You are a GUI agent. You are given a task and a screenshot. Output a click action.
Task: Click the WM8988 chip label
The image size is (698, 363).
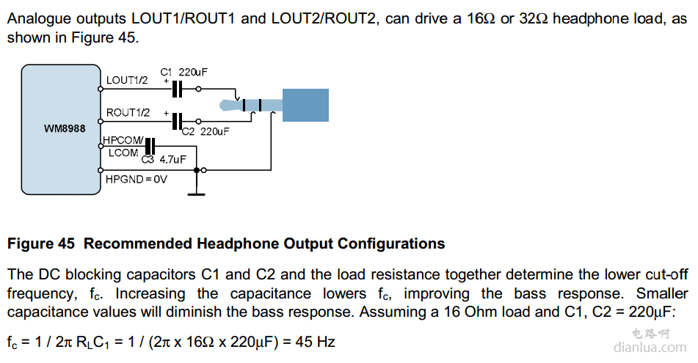(x=65, y=128)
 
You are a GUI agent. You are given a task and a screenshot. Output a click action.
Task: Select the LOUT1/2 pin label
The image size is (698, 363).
(x=127, y=80)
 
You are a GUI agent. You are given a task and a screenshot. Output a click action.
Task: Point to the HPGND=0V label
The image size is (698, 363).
(x=136, y=177)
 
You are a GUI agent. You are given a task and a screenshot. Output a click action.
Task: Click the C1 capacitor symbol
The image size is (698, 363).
(x=176, y=89)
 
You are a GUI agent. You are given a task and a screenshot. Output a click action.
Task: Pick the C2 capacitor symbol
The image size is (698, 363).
(x=176, y=121)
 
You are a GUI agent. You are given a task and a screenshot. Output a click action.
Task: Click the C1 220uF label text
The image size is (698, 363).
(x=183, y=72)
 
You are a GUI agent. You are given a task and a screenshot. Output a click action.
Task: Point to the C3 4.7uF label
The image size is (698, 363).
(x=164, y=158)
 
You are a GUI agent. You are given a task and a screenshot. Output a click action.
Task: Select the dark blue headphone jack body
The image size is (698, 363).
(x=305, y=105)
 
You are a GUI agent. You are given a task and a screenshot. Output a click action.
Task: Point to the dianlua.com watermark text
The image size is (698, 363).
(x=649, y=348)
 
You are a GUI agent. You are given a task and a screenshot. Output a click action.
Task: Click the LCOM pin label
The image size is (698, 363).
(x=123, y=153)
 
